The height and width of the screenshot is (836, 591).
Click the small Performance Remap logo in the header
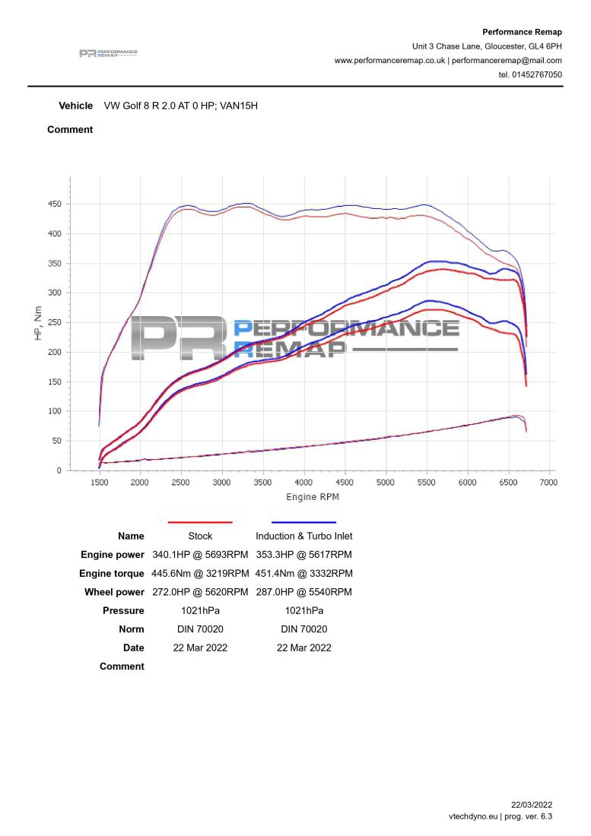(108, 53)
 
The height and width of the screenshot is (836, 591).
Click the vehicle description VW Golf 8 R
(181, 106)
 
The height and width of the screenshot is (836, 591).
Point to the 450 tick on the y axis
(53, 204)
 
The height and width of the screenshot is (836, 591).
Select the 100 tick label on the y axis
(53, 412)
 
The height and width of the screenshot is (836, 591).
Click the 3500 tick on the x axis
(262, 483)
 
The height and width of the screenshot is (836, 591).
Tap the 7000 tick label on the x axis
(548, 483)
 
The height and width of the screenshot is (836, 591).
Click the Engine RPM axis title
(313, 497)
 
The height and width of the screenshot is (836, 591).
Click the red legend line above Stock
(199, 523)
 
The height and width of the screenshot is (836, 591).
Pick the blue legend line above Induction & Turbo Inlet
(303, 523)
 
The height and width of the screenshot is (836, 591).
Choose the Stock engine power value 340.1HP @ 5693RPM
(200, 555)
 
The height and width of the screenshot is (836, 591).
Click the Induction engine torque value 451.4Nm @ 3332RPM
(303, 573)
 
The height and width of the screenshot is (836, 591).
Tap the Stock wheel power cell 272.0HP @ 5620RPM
(200, 592)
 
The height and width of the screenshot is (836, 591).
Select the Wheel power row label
(114, 592)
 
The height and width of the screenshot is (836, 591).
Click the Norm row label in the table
(131, 629)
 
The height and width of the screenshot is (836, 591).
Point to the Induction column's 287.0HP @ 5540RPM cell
(303, 592)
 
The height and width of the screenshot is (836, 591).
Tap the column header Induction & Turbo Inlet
(303, 537)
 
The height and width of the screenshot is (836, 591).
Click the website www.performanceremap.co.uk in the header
(389, 61)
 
